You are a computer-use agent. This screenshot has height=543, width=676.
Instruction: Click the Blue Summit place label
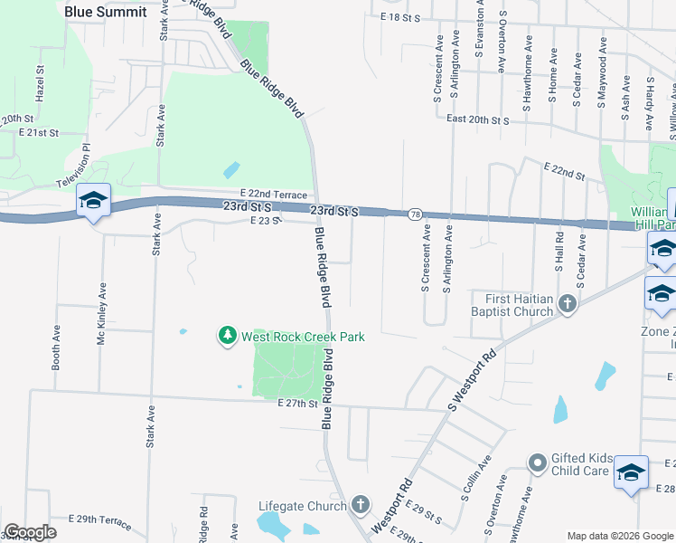click(105, 12)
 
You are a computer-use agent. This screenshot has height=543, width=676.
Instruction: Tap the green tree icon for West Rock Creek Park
click(227, 336)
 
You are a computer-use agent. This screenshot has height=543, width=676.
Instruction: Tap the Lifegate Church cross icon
click(360, 504)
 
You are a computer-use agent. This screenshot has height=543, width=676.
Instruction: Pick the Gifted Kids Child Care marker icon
click(538, 463)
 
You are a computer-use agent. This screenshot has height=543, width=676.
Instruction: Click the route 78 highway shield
click(414, 214)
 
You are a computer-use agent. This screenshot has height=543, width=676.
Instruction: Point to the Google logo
click(30, 532)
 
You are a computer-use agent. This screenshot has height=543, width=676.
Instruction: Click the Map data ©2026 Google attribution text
click(619, 536)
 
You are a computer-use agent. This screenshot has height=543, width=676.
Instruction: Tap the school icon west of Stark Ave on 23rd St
click(93, 199)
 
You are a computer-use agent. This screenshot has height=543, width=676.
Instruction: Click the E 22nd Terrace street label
click(275, 195)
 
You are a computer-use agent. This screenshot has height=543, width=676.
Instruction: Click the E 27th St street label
click(299, 404)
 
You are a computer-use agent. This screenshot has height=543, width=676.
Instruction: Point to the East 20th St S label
click(478, 119)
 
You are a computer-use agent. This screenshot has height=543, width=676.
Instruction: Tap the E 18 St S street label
click(400, 17)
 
